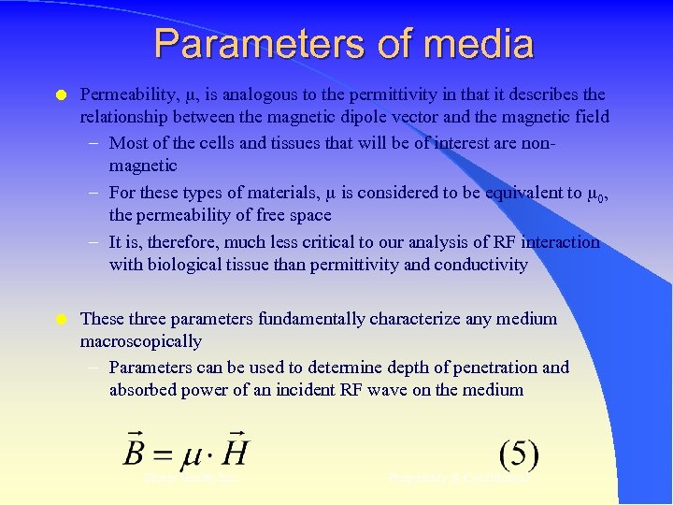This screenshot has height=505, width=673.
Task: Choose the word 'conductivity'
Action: [x=482, y=265]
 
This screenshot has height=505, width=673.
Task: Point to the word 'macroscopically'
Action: [x=141, y=341]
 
